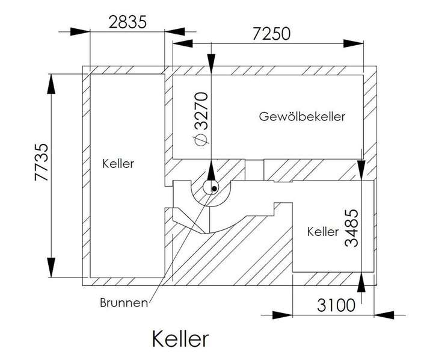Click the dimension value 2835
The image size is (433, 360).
pos(127,22)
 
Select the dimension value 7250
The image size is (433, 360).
pos(271,33)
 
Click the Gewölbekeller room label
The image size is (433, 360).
pos(302,116)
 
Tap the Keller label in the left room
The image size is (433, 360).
pos(118,163)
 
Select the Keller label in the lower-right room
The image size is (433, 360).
pos(322,231)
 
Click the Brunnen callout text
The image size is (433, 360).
pos(123,303)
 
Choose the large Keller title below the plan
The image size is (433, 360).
pos(180,338)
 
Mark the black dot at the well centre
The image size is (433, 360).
pos(214,189)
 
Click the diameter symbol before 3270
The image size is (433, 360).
pos(202,139)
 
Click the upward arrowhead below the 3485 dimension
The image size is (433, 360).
pos(361,282)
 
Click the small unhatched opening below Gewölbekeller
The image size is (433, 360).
pos(255,169)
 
